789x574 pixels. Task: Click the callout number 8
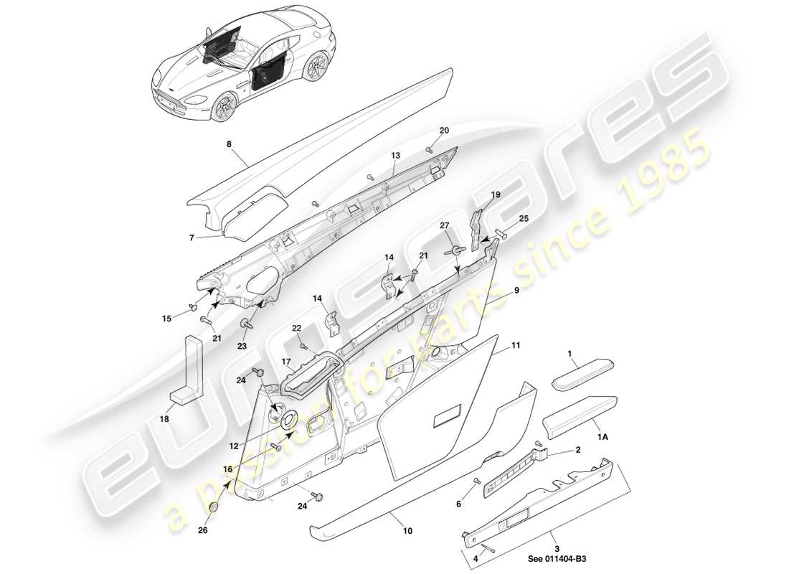[x=229, y=143]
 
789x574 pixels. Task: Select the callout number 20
[x=444, y=131]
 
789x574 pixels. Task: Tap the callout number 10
[x=408, y=531]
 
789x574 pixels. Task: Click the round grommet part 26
[x=214, y=509]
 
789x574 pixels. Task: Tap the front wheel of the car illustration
[x=222, y=107]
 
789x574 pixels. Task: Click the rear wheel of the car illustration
[x=313, y=68]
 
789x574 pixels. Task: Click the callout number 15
[x=168, y=318]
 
